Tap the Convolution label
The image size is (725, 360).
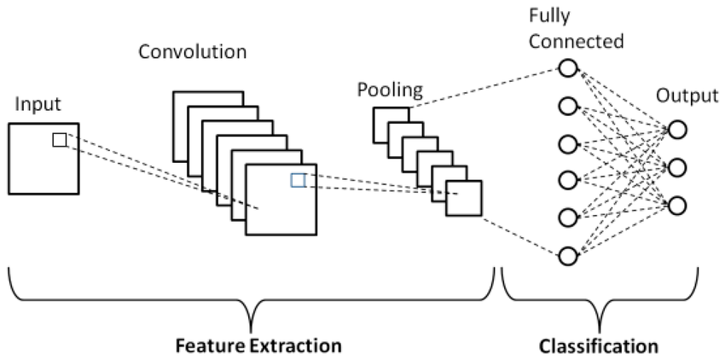tap(193, 52)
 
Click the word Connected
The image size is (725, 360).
tap(576, 42)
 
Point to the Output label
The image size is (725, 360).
tap(687, 96)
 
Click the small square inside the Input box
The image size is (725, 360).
tap(59, 140)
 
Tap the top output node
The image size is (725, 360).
tap(677, 129)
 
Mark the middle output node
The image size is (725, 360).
tap(677, 165)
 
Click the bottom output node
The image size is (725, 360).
tap(677, 204)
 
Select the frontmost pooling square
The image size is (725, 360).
tap(464, 199)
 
